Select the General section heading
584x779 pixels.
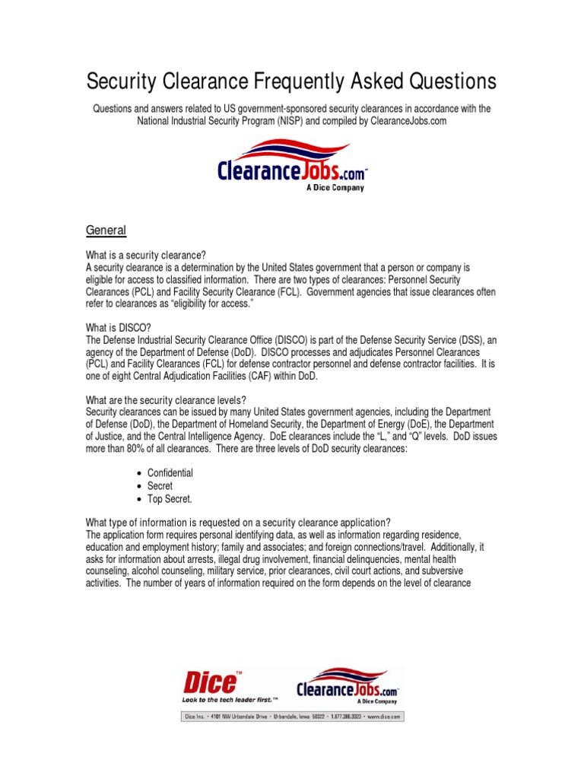coord(106,230)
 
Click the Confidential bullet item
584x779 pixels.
coord(170,472)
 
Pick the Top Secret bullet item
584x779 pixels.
coord(170,499)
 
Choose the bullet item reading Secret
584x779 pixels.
coord(160,485)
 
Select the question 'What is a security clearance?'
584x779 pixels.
coord(146,255)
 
